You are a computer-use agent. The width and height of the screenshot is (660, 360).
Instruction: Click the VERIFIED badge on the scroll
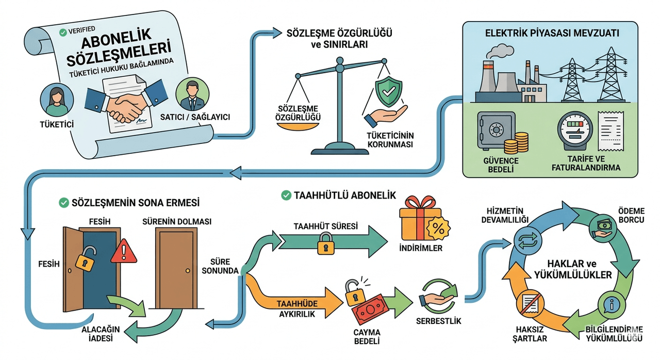coord(77,30)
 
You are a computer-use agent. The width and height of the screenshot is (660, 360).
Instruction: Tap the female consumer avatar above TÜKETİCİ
coord(57,100)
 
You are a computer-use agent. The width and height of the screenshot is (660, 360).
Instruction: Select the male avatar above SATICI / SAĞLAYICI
coord(192,94)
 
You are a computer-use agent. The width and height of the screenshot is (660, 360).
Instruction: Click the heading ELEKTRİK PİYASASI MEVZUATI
coord(552,34)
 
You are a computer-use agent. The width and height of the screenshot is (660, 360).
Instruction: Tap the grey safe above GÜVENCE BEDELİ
coord(496,130)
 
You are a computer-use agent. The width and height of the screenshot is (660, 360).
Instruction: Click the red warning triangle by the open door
coord(124,252)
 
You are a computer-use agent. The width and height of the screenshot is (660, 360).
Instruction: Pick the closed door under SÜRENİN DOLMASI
coord(176,268)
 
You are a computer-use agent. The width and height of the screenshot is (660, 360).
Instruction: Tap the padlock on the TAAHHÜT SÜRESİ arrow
coord(325,244)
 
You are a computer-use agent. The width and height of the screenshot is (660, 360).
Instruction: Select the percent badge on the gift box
coord(438,228)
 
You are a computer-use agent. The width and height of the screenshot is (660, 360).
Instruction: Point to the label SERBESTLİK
coord(438,321)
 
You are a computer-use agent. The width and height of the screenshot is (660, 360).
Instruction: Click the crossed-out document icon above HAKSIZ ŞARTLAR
coord(530,303)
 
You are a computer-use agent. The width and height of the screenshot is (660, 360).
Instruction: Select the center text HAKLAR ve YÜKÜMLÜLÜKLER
coord(572,269)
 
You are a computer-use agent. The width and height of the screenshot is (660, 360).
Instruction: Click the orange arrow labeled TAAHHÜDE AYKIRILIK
coord(294,303)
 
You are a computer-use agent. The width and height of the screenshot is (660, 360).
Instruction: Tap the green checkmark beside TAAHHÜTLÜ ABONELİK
coord(286,195)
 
